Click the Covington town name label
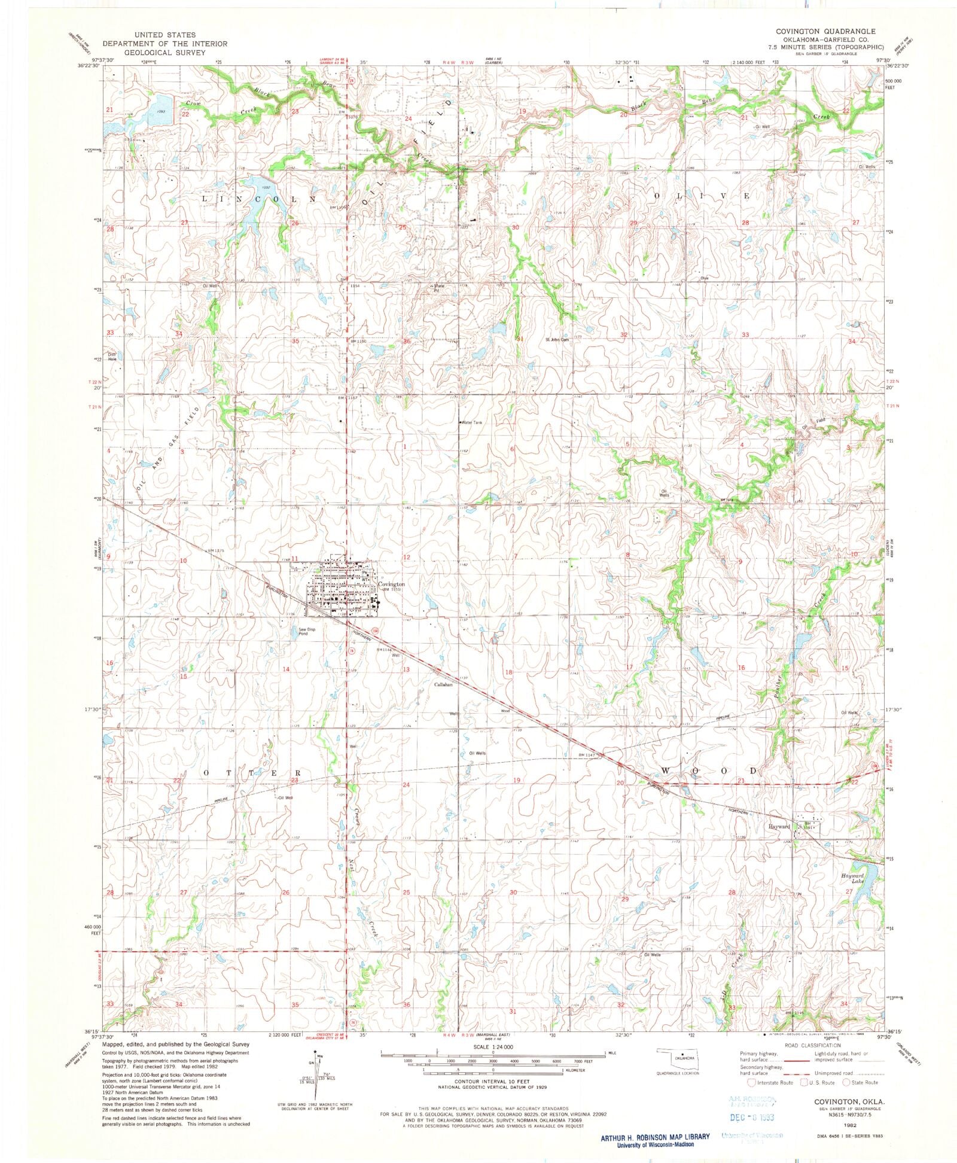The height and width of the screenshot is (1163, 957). (391, 584)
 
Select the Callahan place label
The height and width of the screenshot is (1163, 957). (443, 684)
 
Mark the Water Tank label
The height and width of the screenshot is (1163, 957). (471, 422)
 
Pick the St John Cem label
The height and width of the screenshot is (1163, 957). (556, 340)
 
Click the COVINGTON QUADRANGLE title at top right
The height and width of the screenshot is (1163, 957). (816, 31)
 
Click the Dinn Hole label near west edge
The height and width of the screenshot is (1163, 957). (112, 357)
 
